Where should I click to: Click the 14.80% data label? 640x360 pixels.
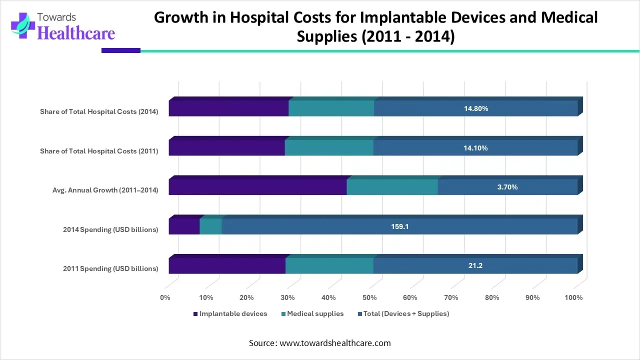click(x=475, y=108)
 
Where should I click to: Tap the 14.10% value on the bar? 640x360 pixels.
click(x=475, y=148)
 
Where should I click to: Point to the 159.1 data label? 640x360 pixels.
click(x=399, y=226)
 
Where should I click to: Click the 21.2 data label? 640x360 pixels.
click(x=475, y=266)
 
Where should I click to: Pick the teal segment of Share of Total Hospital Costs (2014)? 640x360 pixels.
click(x=331, y=108)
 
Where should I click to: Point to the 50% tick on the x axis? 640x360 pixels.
click(x=369, y=298)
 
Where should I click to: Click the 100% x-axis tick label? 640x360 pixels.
click(x=573, y=298)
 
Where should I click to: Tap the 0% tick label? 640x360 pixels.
click(x=165, y=298)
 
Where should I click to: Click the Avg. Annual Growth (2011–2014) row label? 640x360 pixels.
click(x=105, y=190)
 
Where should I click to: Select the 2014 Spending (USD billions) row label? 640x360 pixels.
click(x=110, y=229)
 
